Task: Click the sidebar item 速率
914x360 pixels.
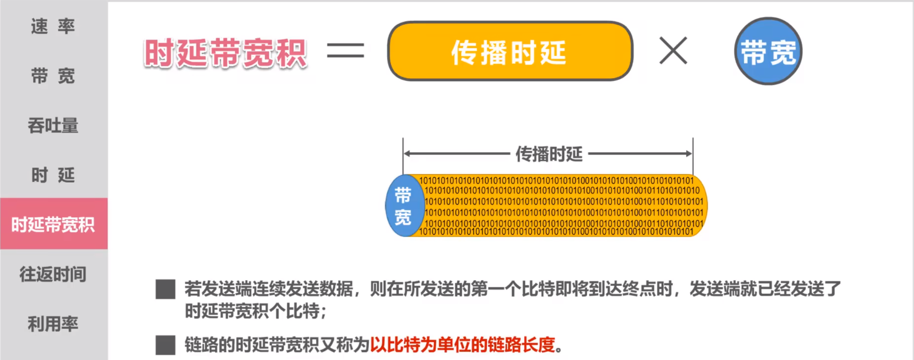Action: (53, 26)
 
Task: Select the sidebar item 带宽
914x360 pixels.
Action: (53, 76)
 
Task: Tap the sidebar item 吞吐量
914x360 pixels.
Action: (53, 125)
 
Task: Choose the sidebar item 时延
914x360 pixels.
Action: (53, 175)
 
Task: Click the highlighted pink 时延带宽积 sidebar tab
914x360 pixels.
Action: (54, 224)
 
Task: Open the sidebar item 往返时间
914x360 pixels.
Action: (53, 274)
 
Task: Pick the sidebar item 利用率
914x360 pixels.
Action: (53, 324)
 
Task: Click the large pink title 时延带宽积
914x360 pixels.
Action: (225, 53)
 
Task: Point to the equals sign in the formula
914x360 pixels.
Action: (346, 51)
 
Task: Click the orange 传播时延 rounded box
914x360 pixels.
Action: (510, 51)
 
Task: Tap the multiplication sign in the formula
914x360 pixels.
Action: (673, 51)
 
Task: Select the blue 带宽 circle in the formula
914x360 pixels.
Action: (768, 51)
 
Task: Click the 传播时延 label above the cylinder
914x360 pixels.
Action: (549, 154)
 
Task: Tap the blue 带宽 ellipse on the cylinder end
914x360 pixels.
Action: (404, 205)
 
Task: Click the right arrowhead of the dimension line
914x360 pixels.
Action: (689, 154)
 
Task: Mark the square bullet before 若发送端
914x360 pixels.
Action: (165, 289)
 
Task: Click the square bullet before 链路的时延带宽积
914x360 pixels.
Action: (165, 345)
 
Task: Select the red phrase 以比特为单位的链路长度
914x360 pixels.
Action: (463, 345)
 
